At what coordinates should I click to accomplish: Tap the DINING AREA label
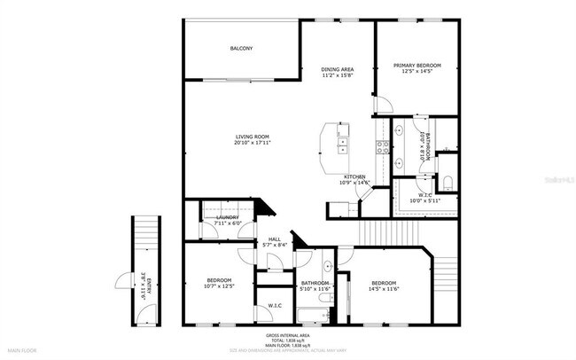[x=338, y=68]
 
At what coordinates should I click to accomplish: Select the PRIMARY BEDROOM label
[x=417, y=65]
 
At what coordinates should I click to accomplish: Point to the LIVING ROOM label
[x=252, y=136]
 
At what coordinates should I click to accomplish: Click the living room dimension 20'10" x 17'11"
[x=252, y=143]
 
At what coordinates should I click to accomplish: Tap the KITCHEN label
[x=355, y=176]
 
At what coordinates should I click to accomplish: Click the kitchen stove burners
[x=385, y=147]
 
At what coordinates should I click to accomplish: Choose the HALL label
[x=275, y=239]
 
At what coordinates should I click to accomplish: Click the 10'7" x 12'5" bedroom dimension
[x=218, y=286]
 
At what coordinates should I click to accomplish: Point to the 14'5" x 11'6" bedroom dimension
[x=384, y=286]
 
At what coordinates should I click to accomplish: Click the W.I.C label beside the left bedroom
[x=275, y=306]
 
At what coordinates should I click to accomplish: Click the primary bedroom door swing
[x=383, y=106]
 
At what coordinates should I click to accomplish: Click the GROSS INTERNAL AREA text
[x=288, y=336]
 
